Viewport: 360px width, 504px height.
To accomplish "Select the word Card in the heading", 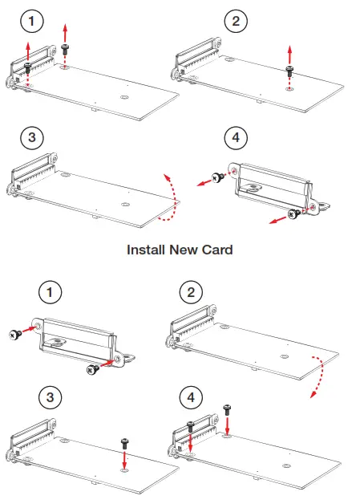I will tap(217, 250).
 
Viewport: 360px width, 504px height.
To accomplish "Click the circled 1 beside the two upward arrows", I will tap(29, 22).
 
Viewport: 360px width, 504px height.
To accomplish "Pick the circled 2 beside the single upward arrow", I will tap(234, 22).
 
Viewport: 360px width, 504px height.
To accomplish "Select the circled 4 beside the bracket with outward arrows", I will tap(235, 138).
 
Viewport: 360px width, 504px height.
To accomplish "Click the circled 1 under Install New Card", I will tap(52, 292).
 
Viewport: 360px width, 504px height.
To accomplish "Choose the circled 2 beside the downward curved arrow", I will tap(190, 292).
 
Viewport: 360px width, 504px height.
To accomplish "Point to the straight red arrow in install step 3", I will tap(124, 462).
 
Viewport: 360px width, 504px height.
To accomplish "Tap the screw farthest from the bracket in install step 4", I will tap(228, 408).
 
